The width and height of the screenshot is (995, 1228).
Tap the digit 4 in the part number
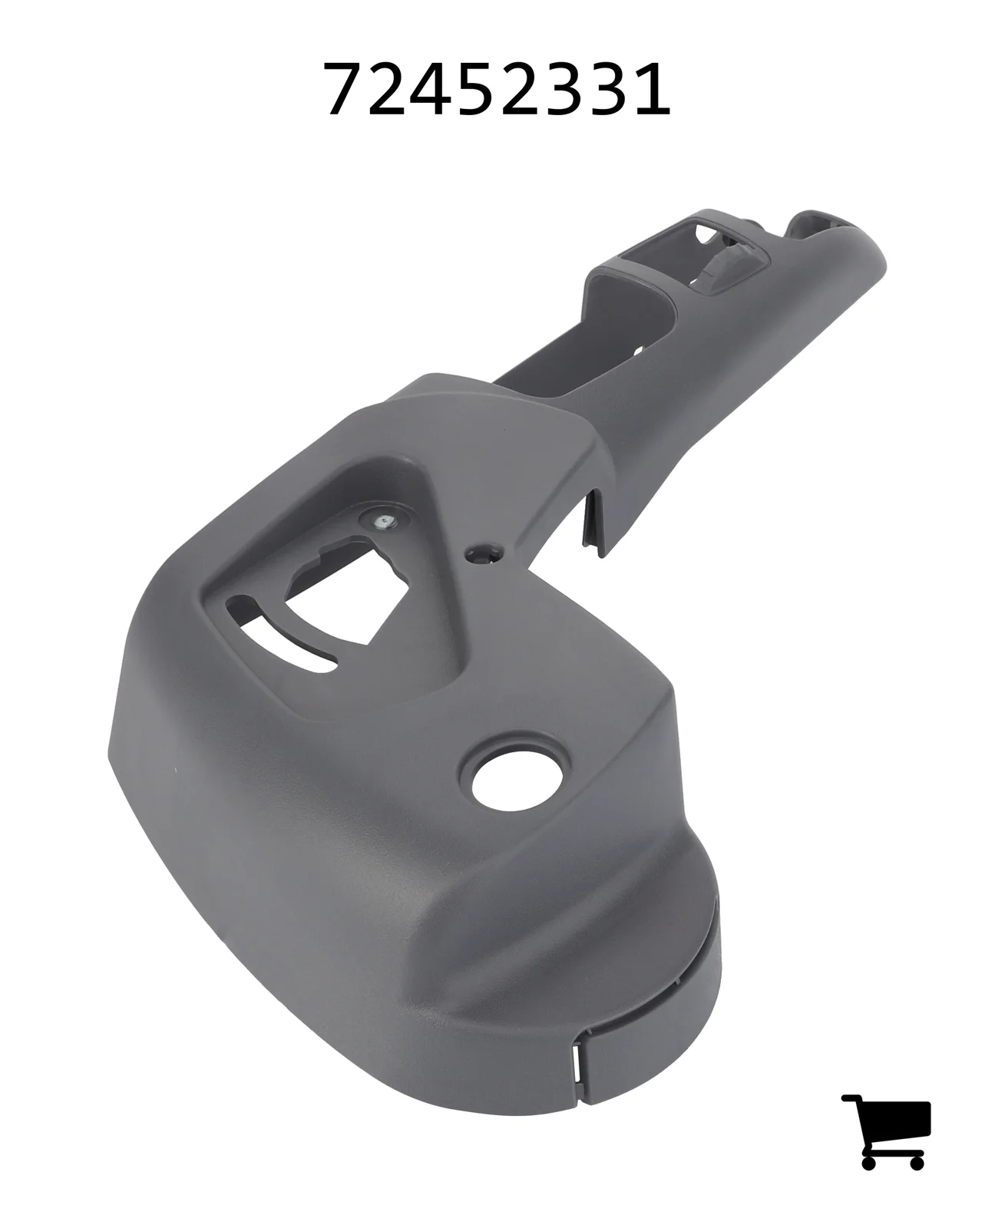tap(432, 89)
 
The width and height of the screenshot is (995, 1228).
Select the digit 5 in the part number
tap(475, 89)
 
